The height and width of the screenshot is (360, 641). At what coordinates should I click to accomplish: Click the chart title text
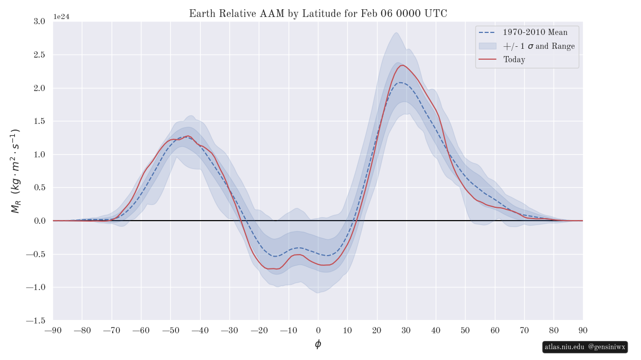(318, 14)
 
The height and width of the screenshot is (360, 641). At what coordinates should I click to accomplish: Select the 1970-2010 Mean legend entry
(535, 32)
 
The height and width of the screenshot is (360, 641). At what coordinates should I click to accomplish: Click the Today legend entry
(514, 60)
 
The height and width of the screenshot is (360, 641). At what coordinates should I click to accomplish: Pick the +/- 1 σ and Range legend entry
(539, 46)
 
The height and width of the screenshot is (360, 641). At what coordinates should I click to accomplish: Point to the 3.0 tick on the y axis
(39, 22)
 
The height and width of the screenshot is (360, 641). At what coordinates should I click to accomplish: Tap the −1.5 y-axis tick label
(37, 320)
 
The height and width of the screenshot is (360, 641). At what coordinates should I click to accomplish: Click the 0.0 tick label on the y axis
(39, 221)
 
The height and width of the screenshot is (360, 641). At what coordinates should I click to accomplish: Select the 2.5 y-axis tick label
(39, 55)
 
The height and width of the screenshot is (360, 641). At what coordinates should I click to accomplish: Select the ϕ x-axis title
(318, 345)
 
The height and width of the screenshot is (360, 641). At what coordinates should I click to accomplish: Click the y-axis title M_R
(15, 171)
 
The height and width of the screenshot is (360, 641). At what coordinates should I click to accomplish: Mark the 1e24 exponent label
(61, 17)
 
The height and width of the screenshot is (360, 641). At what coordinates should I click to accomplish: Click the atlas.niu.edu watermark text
(564, 347)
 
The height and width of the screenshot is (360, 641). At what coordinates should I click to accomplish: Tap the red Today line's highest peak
(402, 65)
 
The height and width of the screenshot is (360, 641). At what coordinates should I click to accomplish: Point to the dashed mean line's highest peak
(400, 83)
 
